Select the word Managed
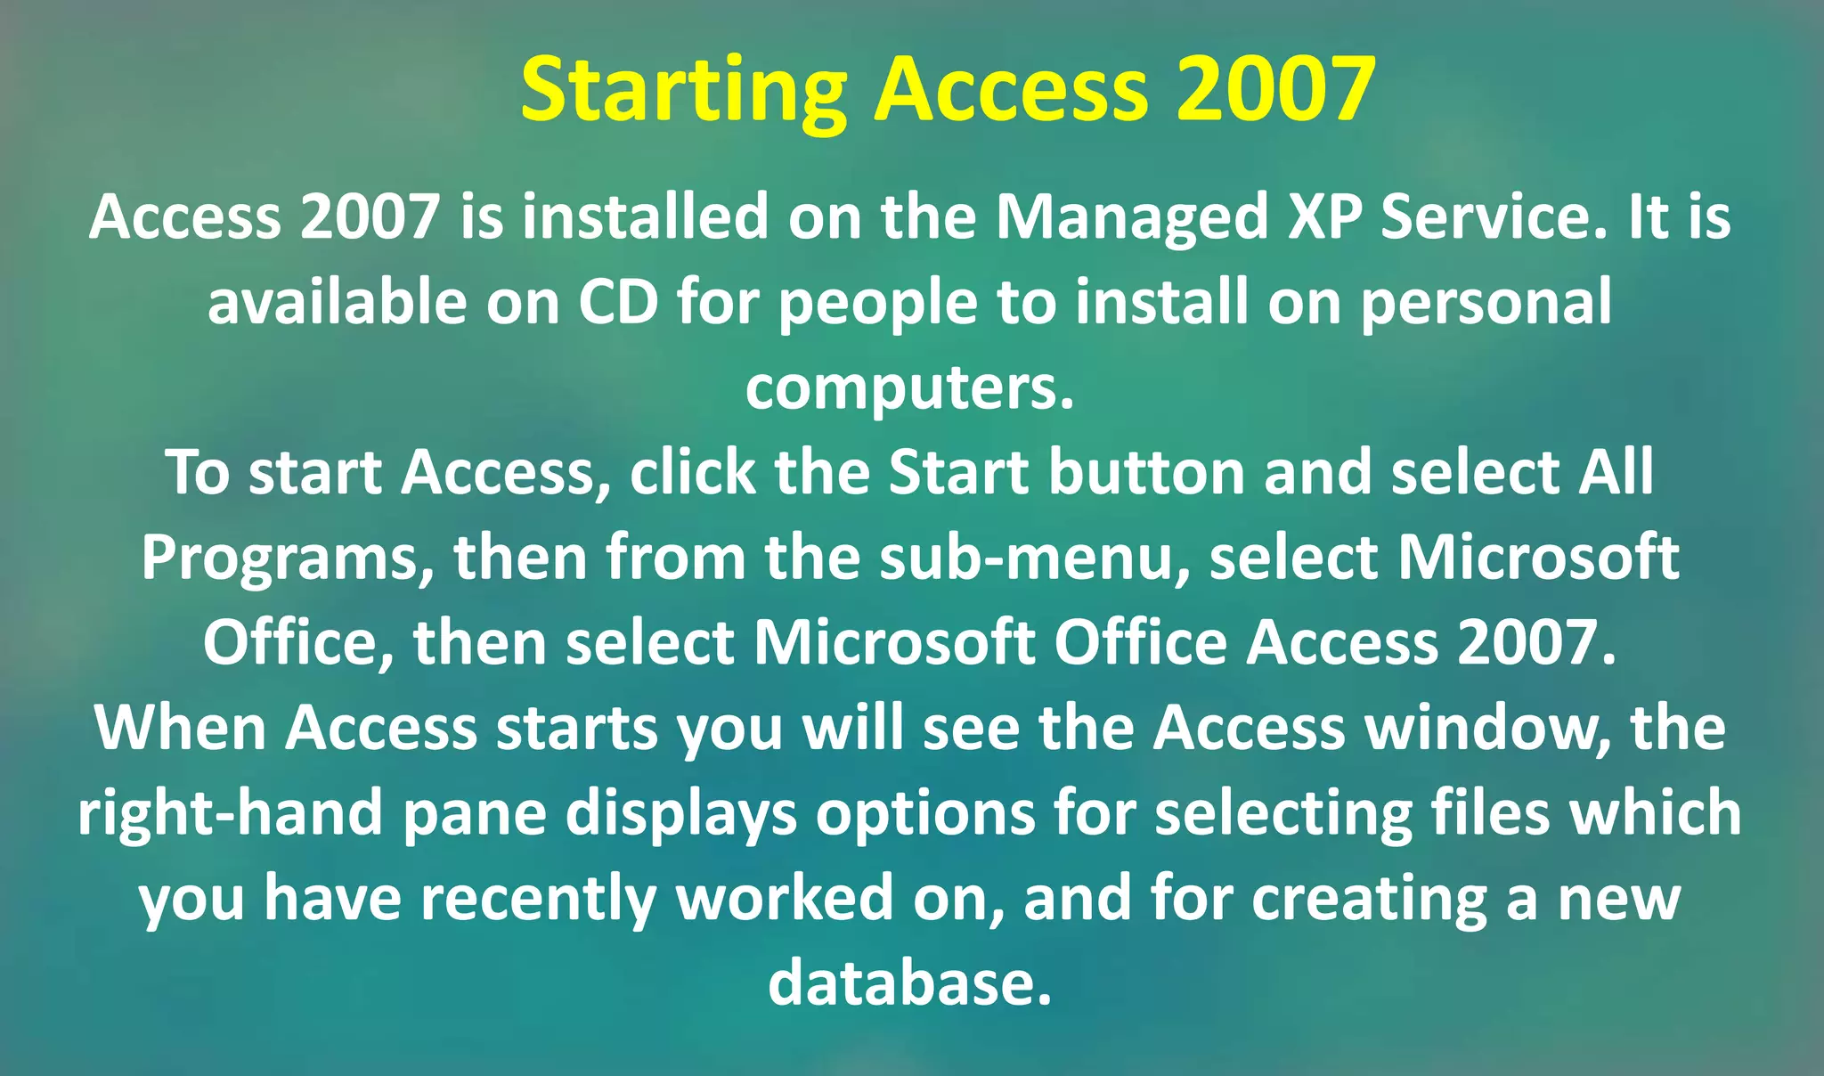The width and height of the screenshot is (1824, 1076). point(1131,218)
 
